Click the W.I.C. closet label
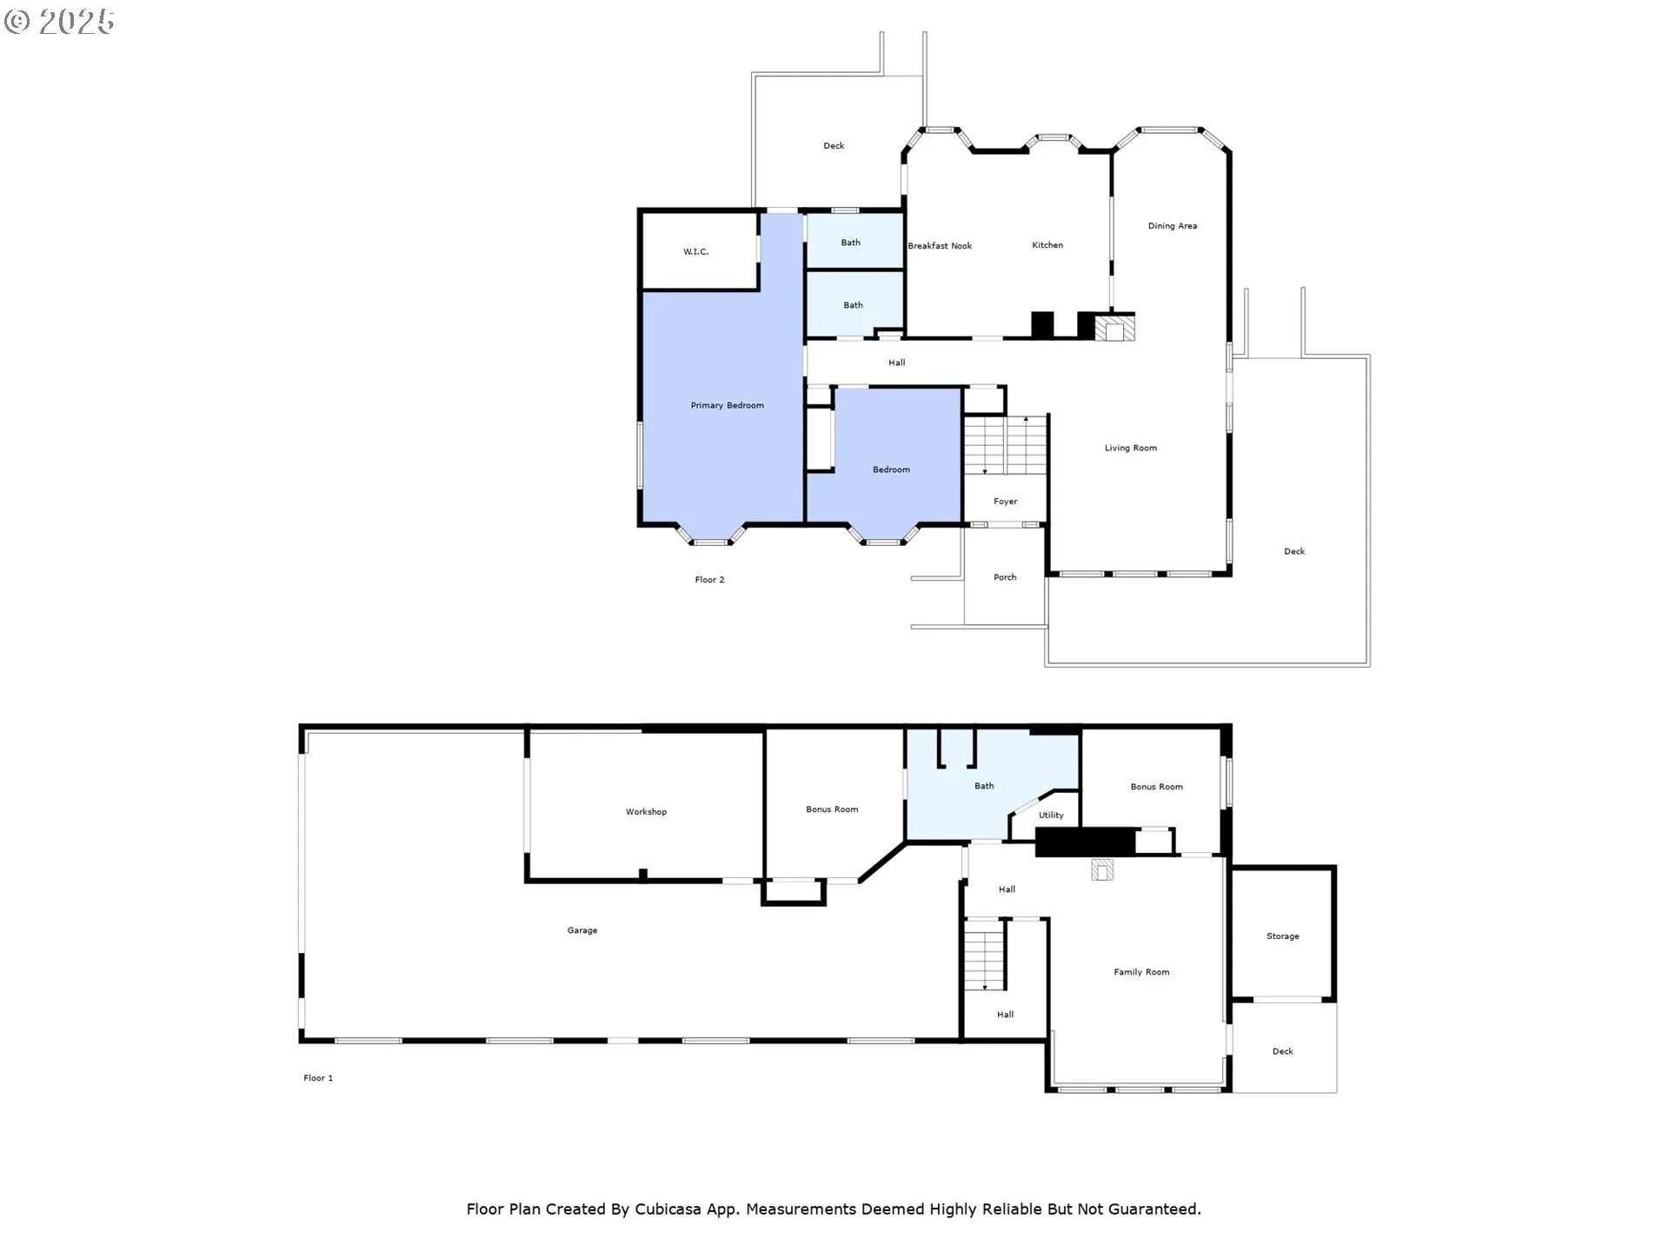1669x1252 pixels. pyautogui.click(x=695, y=252)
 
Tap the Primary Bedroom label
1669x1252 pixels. pyautogui.click(x=727, y=405)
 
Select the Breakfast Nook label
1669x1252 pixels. pyautogui.click(x=940, y=246)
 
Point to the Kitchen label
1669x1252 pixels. pyautogui.click(x=1047, y=245)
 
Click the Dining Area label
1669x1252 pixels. pyautogui.click(x=1173, y=226)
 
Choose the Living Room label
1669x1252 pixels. pyautogui.click(x=1131, y=449)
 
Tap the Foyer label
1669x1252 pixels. pyautogui.click(x=1006, y=502)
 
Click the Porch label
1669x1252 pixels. pyautogui.click(x=1005, y=577)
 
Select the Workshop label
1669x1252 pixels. pyautogui.click(x=646, y=812)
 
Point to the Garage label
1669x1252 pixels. pyautogui.click(x=582, y=930)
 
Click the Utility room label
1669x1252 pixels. pyautogui.click(x=1051, y=816)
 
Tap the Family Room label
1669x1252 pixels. pyautogui.click(x=1141, y=972)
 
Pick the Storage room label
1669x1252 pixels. pyautogui.click(x=1283, y=936)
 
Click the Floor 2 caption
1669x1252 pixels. pyautogui.click(x=709, y=580)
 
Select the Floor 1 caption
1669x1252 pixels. pyautogui.click(x=318, y=1078)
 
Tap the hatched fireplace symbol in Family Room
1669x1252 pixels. pyautogui.click(x=1102, y=870)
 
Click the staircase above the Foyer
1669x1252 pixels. pyautogui.click(x=1006, y=445)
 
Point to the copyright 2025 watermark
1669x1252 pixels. pyautogui.click(x=59, y=21)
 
